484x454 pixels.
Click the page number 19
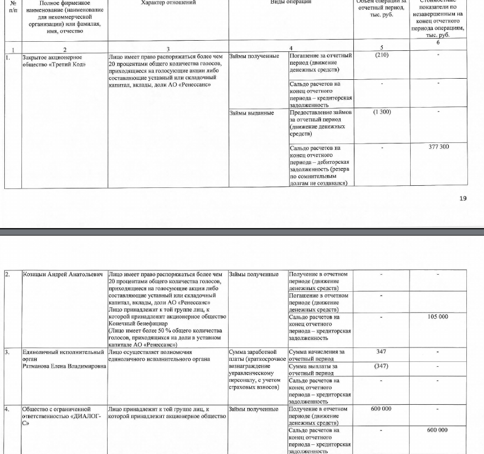(x=463, y=199)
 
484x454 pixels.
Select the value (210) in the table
(x=381, y=55)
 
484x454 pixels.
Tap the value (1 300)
(x=381, y=112)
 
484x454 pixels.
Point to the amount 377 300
(x=438, y=147)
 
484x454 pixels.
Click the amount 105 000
(x=437, y=316)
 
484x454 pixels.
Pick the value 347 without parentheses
(x=381, y=352)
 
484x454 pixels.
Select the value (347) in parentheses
(x=381, y=366)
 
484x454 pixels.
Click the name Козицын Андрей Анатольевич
(x=64, y=275)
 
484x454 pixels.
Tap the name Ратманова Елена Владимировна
(x=64, y=366)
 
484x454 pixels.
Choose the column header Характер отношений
(x=168, y=3)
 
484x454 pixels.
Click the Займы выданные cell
(x=252, y=113)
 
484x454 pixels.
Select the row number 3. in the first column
(x=7, y=352)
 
